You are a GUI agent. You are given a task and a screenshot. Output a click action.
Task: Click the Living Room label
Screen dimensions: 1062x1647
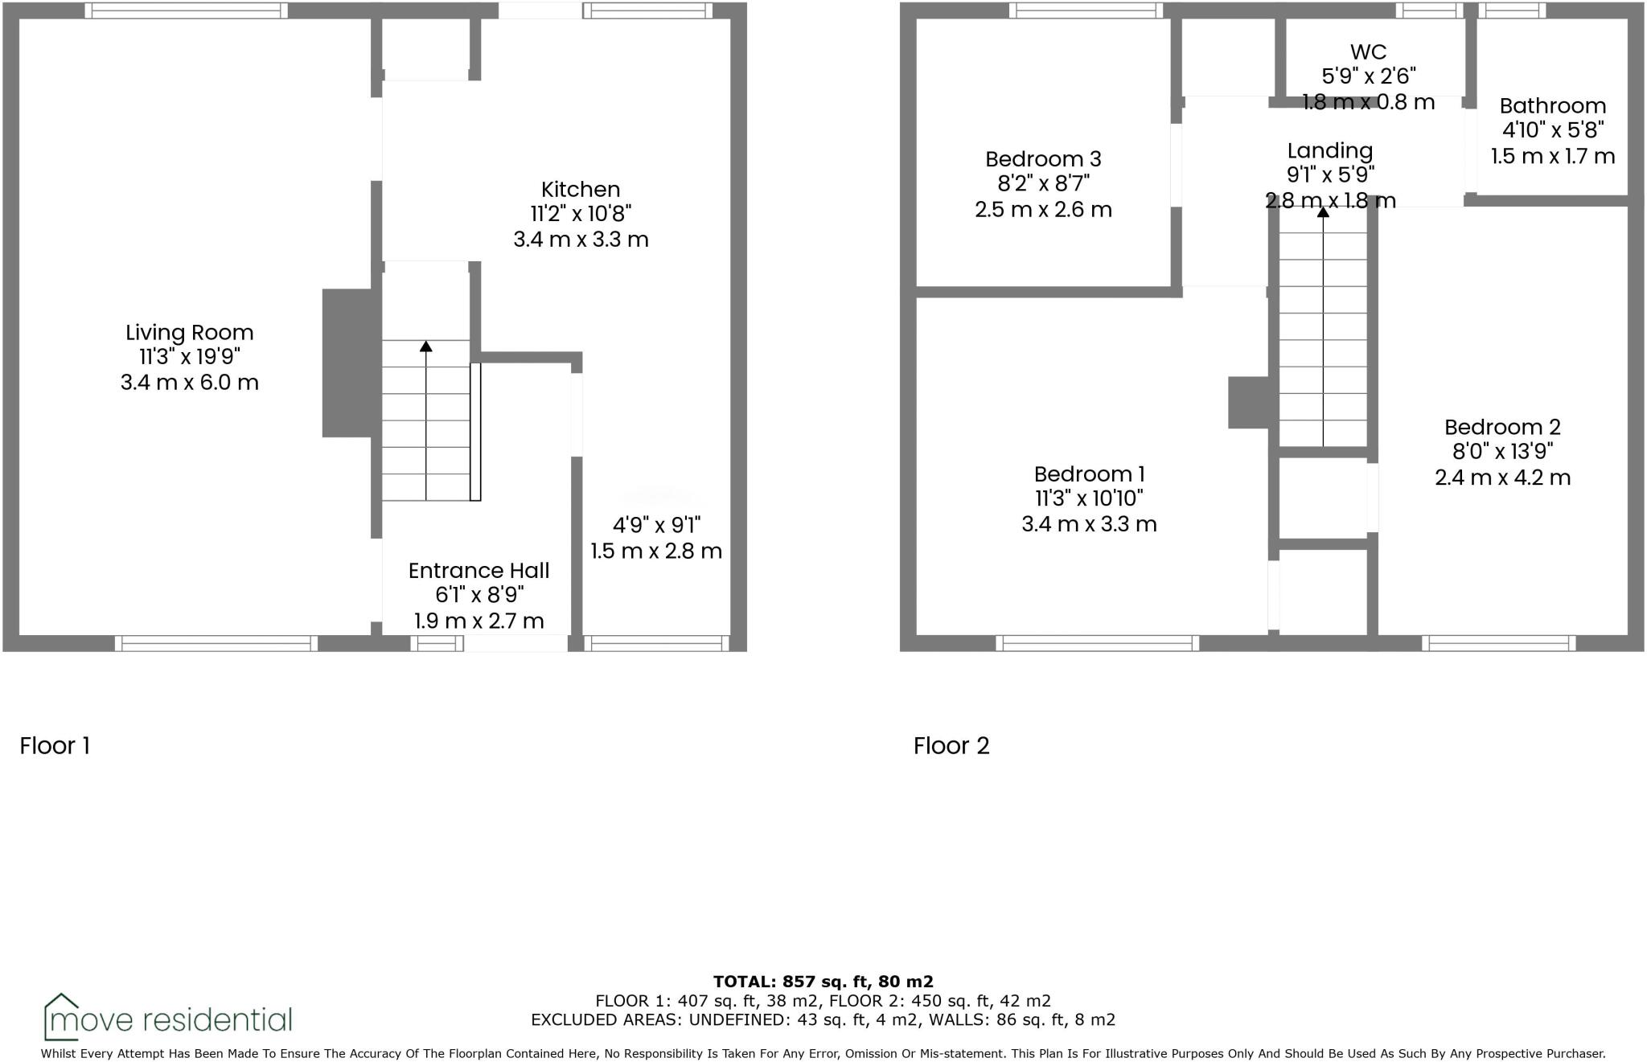[189, 332]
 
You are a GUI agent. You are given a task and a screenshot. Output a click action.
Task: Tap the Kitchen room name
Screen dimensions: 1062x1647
[581, 190]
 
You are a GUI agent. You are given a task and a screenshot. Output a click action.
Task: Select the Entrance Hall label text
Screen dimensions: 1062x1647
[478, 571]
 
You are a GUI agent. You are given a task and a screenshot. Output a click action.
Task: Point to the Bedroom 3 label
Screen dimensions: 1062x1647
[1043, 159]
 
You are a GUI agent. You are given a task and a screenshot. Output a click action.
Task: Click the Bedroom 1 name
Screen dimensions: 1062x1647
[1089, 474]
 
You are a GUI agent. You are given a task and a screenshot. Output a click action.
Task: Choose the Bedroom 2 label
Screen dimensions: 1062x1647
[1502, 427]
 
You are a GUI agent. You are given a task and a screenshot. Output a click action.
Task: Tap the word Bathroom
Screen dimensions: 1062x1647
[1552, 106]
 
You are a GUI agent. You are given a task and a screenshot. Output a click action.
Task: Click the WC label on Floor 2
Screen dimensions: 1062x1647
[1368, 52]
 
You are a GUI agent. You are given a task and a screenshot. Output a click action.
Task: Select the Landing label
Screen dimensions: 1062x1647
[1329, 150]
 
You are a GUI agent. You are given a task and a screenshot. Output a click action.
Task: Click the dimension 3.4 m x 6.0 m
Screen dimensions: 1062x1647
[190, 383]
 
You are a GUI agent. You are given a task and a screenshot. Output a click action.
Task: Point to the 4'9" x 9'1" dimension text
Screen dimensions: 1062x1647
[656, 526]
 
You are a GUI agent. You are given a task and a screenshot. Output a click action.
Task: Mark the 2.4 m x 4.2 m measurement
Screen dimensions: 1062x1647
[1502, 478]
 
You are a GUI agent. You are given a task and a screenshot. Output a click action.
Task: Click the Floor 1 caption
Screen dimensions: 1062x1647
[55, 746]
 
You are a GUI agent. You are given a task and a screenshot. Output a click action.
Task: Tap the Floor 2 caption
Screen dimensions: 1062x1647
[951, 746]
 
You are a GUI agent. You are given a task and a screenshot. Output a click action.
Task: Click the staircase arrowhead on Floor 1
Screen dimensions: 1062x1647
[425, 346]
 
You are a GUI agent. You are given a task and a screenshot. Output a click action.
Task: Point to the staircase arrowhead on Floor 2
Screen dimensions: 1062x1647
[1323, 211]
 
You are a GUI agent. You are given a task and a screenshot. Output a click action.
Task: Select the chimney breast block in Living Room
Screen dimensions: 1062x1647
[347, 363]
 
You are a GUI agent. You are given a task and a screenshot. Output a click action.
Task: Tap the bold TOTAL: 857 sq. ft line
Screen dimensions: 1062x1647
[823, 982]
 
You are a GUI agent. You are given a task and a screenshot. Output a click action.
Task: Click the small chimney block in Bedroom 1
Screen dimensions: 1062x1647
[1248, 403]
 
